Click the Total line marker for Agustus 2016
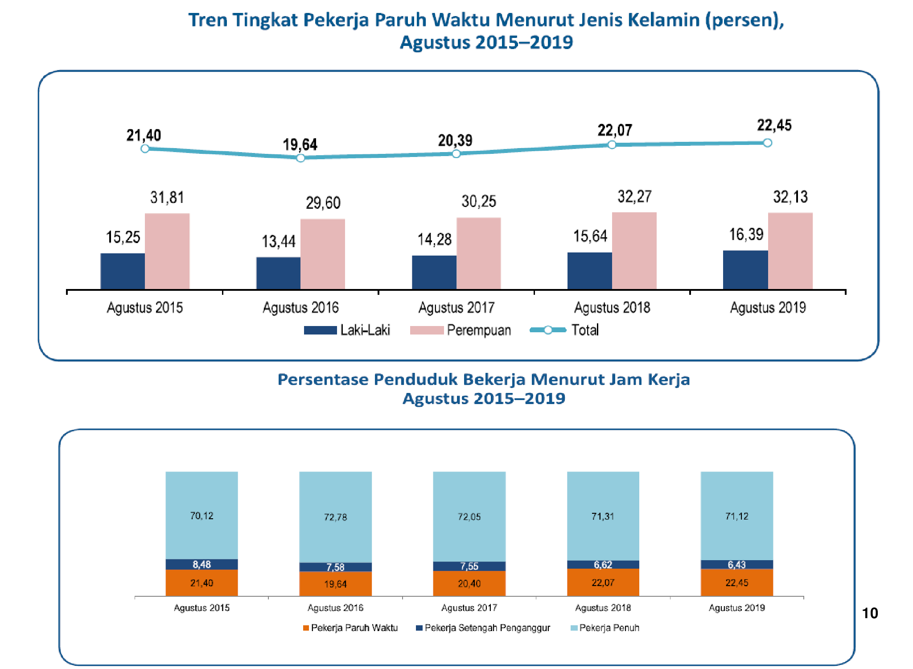[x=300, y=158]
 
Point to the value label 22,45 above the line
[x=774, y=125]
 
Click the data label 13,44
[x=278, y=241]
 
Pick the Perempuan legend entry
[x=461, y=330]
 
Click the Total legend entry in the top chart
[x=564, y=330]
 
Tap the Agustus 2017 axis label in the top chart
[x=456, y=308]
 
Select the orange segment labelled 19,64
[x=335, y=584]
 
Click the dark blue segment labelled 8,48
[x=202, y=564]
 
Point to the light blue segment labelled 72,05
[x=469, y=516]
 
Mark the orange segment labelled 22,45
[x=736, y=582]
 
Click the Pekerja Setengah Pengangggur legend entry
[x=483, y=628]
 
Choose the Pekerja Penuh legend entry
[x=605, y=628]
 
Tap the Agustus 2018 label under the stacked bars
[x=603, y=608]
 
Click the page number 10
[x=870, y=613]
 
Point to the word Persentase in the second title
[x=322, y=380]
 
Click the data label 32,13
[x=790, y=197]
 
